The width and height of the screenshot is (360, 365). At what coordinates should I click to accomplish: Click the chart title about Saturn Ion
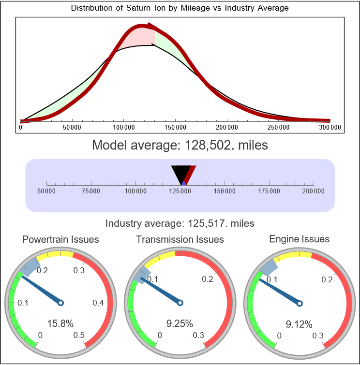coord(180,8)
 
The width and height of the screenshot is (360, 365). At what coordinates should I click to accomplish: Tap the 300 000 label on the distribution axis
coord(330,127)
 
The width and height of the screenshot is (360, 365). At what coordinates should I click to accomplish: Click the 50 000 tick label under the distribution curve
coord(72,127)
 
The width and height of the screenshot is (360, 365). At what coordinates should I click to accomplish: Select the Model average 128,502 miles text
coord(180,145)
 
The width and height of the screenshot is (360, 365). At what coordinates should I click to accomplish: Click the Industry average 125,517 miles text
coord(180,223)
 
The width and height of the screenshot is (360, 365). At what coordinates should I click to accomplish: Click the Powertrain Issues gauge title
coord(60,239)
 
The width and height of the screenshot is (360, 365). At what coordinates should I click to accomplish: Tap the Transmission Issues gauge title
coord(180,239)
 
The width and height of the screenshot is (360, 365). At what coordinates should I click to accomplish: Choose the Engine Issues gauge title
coord(299,239)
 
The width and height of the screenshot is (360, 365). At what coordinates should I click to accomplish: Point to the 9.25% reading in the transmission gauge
coord(180,323)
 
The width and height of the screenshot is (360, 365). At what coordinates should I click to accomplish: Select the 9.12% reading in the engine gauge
coord(299,323)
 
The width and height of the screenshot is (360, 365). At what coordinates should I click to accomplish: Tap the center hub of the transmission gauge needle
coord(180,303)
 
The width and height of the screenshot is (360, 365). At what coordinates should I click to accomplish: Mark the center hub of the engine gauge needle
coord(300,303)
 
